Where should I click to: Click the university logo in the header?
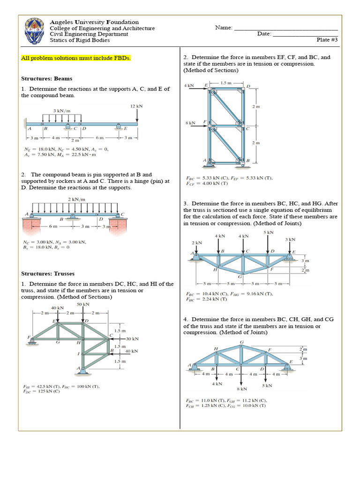pyautogui.click(x=35, y=31)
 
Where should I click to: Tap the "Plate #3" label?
pyautogui.click(x=327, y=40)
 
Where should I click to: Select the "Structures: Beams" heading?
pyautogui.click(x=47, y=79)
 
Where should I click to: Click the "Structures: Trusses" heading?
pyautogui.click(x=48, y=274)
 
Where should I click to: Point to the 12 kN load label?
pyautogui.click(x=136, y=106)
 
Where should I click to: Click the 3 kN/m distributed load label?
pyautogui.click(x=61, y=111)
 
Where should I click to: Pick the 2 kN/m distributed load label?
pyautogui.click(x=77, y=199)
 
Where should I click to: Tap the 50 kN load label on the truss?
pyautogui.click(x=83, y=305)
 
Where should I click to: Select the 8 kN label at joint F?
pyautogui.click(x=191, y=123)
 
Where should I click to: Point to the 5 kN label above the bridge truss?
pyautogui.click(x=268, y=232)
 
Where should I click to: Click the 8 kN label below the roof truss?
pyautogui.click(x=242, y=389)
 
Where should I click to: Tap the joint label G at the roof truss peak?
pyautogui.click(x=241, y=342)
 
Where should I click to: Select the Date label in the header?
pyautogui.click(x=264, y=34)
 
